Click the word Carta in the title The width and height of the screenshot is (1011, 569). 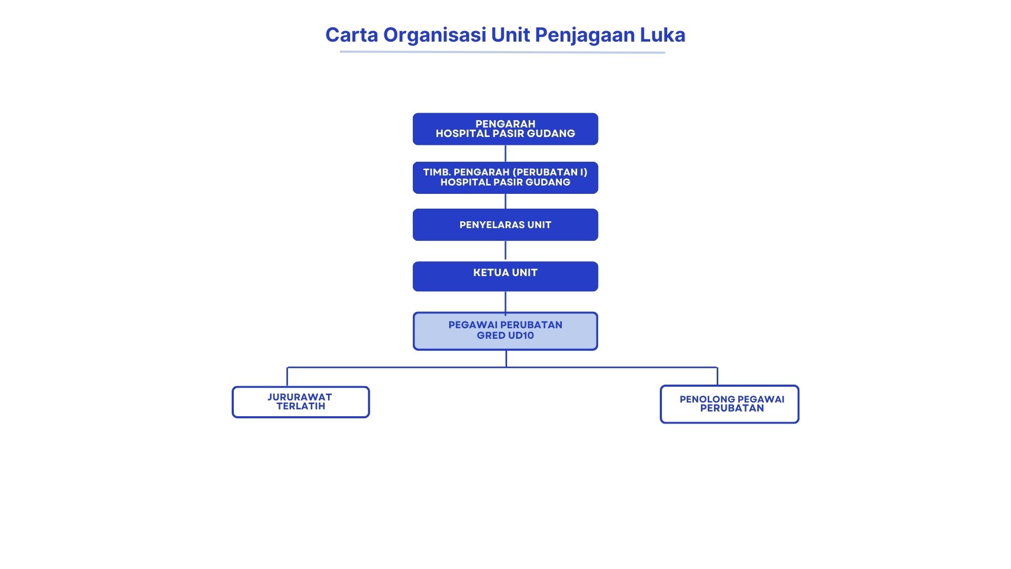click(x=351, y=35)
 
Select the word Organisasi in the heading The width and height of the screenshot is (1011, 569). click(x=434, y=35)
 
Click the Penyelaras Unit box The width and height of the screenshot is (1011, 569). click(x=505, y=225)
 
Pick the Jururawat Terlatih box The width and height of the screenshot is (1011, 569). click(x=301, y=402)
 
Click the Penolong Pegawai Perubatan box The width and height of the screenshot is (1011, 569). click(x=729, y=404)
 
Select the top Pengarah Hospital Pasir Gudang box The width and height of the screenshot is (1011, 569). click(x=505, y=129)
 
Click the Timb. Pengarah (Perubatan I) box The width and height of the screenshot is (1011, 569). click(x=505, y=178)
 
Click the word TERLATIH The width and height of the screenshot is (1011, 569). click(x=301, y=406)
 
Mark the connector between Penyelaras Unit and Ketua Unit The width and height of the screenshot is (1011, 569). click(x=506, y=251)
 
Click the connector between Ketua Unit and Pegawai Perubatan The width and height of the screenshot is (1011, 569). click(x=506, y=301)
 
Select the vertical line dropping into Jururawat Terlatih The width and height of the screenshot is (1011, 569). click(x=287, y=377)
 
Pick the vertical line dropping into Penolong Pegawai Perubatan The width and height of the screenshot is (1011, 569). click(x=717, y=376)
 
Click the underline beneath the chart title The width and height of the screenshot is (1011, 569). click(x=502, y=52)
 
